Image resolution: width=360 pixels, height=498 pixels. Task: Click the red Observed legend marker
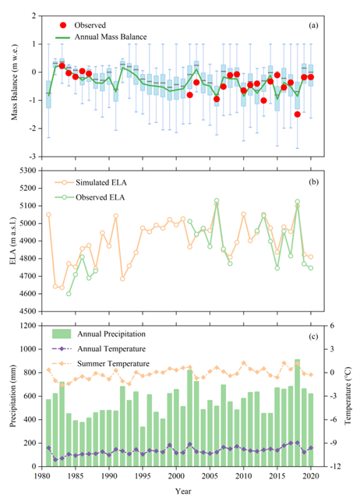(x=63, y=25)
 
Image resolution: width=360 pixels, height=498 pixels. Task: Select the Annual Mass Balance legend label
(x=111, y=37)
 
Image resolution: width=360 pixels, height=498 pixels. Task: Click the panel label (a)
(x=313, y=26)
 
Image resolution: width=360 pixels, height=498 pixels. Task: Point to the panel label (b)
(x=313, y=182)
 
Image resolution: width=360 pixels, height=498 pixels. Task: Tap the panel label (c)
(x=313, y=337)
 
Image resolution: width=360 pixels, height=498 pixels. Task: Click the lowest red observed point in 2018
(x=298, y=114)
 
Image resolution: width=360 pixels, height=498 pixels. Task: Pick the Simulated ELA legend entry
(x=90, y=182)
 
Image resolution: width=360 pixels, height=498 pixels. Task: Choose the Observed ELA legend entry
(x=90, y=197)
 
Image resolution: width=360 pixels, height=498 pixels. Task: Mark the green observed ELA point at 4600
(x=69, y=294)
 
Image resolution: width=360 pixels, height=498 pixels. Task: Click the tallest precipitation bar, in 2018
(x=298, y=413)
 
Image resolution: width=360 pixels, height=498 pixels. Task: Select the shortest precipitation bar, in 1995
(x=143, y=447)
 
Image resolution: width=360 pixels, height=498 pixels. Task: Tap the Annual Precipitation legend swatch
(x=62, y=334)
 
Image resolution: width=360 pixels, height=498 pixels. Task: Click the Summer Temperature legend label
(x=113, y=364)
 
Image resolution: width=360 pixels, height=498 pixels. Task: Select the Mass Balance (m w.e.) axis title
(x=14, y=82)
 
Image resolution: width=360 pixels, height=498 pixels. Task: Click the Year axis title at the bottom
(x=183, y=491)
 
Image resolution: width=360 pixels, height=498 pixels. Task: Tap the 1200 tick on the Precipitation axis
(x=29, y=326)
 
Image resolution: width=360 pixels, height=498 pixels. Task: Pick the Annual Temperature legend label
(x=111, y=348)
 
